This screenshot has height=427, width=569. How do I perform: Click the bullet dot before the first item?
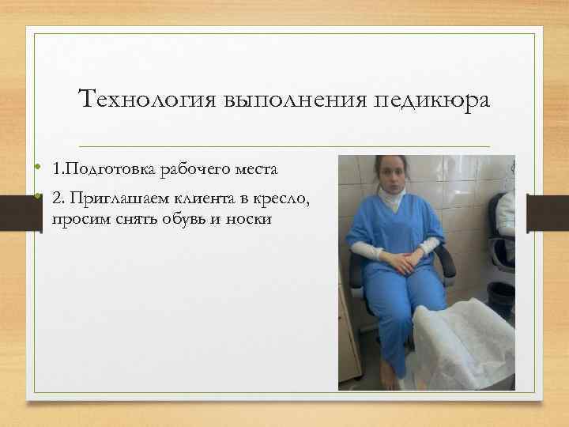[37, 169]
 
